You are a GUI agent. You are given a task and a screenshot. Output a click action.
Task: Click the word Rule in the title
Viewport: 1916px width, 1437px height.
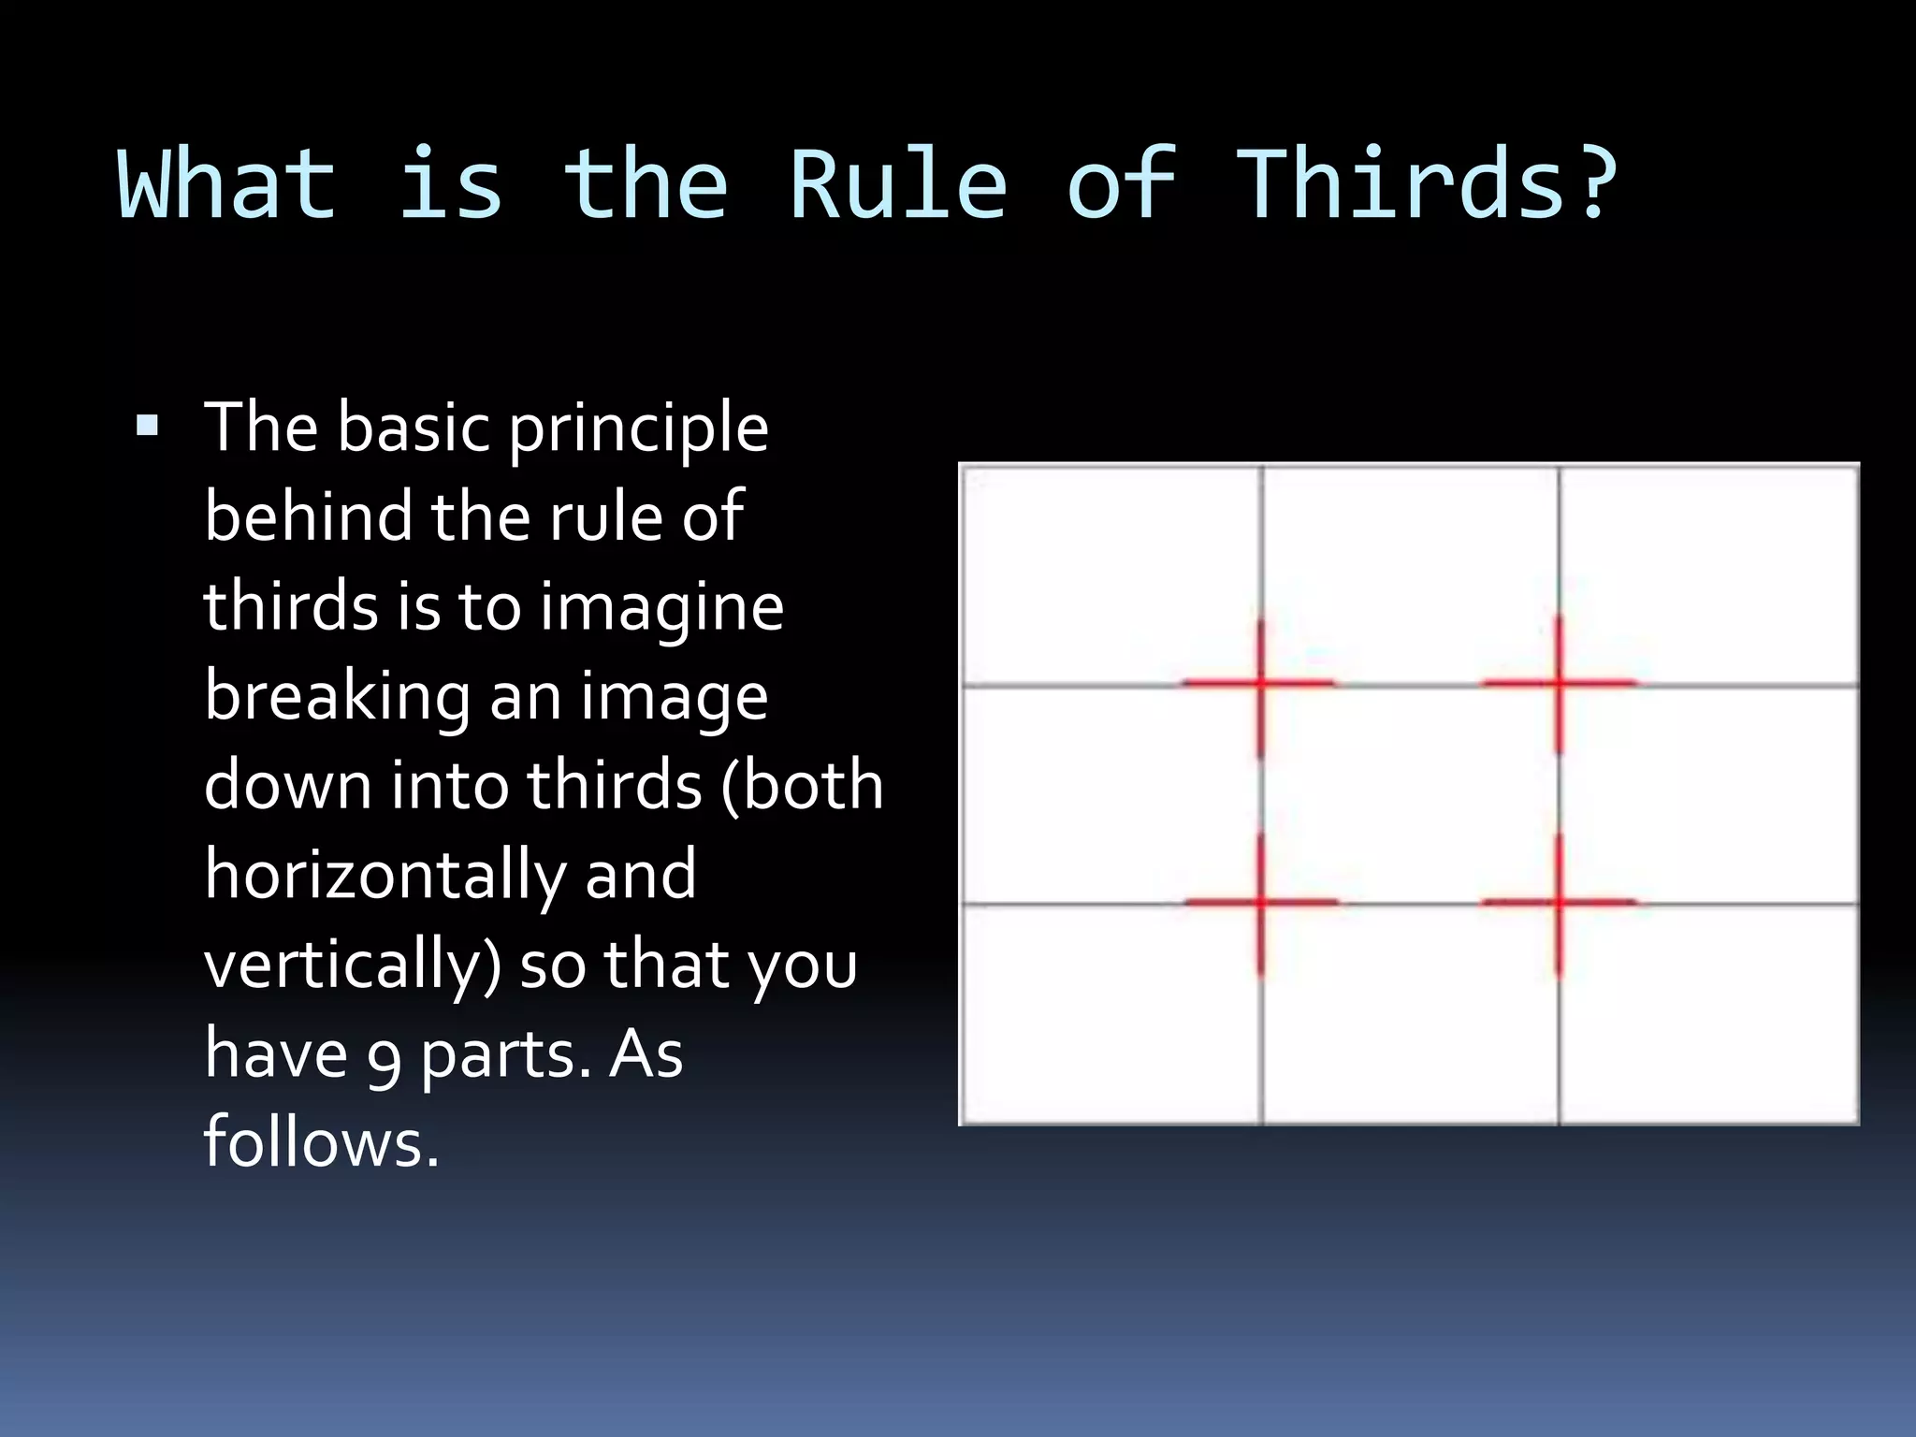[898, 185]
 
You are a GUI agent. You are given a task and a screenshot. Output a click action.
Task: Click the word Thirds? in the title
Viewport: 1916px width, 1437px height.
[1429, 185]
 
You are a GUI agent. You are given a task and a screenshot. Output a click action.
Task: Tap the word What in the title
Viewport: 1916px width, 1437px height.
[226, 185]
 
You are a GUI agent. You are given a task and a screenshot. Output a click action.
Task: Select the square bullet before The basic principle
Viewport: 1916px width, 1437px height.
[147, 428]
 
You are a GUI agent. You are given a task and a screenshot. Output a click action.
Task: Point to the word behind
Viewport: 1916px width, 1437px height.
[308, 516]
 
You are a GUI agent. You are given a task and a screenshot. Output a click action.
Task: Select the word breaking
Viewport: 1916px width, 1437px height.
[338, 698]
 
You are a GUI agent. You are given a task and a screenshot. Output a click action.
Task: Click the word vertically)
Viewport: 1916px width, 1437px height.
[353, 965]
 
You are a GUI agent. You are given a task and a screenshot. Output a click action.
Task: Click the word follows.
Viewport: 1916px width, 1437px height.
[321, 1143]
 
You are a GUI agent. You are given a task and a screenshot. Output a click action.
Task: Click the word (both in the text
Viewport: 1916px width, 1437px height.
[802, 786]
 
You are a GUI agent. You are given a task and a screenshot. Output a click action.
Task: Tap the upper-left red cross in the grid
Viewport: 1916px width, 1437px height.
[1260, 684]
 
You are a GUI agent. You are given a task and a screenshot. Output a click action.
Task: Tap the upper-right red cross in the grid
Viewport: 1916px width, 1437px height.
[1559, 684]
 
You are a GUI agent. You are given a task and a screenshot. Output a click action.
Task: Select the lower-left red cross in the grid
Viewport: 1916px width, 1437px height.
[1261, 903]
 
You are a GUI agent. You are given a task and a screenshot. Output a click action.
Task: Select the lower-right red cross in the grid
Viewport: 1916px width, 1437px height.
[1559, 903]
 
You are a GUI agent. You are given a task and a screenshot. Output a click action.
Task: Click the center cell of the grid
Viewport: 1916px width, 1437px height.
[1410, 794]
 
